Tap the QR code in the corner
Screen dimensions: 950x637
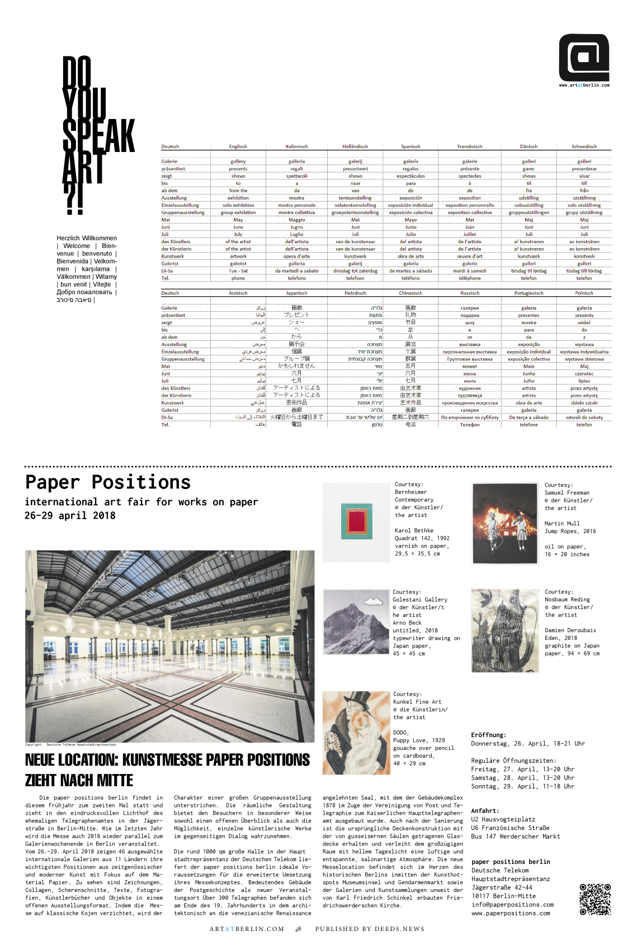pyautogui.click(x=594, y=899)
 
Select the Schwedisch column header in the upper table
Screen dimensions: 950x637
pyautogui.click(x=584, y=146)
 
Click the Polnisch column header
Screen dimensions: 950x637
pyautogui.click(x=584, y=293)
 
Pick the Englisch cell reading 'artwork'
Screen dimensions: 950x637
pyautogui.click(x=238, y=256)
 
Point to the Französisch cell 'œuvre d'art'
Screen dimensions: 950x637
pyautogui.click(x=470, y=256)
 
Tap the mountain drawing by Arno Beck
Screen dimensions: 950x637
pyautogui.click(x=356, y=621)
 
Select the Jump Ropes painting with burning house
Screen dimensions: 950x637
pyautogui.click(x=505, y=523)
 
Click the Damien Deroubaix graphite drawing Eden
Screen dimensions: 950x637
pyautogui.click(x=505, y=630)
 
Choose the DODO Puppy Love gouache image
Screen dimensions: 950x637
pyautogui.click(x=356, y=733)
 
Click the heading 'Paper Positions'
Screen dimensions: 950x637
pyautogui.click(x=108, y=482)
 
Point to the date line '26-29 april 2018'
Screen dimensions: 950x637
pyautogui.click(x=70, y=515)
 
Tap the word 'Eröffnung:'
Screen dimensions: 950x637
pyautogui.click(x=488, y=735)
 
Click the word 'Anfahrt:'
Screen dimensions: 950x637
pyautogui.click(x=485, y=810)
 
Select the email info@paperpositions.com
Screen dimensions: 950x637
pyautogui.click(x=512, y=904)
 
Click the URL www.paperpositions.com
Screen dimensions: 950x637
pyautogui.click(x=511, y=913)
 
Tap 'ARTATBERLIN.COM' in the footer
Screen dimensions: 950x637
pyautogui.click(x=247, y=929)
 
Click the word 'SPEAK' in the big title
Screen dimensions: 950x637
pyautogui.click(x=98, y=135)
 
